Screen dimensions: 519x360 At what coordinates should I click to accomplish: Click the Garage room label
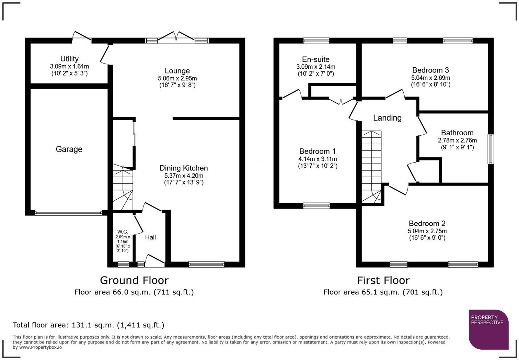coord(69,149)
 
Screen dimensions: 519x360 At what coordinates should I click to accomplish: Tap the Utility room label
coord(69,59)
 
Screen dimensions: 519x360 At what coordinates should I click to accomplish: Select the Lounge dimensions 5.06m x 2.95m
coord(177,78)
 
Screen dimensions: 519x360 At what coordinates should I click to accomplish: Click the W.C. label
coord(123,232)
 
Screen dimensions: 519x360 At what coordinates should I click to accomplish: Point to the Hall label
coord(150,237)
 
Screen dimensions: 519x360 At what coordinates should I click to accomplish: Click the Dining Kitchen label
coord(184,168)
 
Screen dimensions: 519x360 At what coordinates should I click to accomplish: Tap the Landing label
coord(387,118)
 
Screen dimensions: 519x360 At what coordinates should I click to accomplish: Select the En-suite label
coord(316,59)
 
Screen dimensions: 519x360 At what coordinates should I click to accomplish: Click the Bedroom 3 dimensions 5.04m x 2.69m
coord(431,78)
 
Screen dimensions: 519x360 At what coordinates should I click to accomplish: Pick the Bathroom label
coord(457,133)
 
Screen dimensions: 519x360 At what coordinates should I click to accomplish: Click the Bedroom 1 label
coord(318,151)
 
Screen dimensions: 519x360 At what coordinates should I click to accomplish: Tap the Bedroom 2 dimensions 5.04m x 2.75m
coord(427,231)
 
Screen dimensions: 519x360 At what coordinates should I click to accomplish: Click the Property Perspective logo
coord(488,329)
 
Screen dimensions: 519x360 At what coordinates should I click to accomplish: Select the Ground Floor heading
coord(135,281)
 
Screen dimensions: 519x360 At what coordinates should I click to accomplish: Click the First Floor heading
coord(383,281)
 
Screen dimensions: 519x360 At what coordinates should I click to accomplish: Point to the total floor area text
coord(89,325)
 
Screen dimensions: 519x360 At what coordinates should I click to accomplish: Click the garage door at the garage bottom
coord(68,213)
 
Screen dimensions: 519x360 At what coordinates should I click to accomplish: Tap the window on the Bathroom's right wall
coord(491,149)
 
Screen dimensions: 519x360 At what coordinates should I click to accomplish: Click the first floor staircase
coord(372,167)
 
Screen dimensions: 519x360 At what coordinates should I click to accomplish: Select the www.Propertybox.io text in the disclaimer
coord(40,347)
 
